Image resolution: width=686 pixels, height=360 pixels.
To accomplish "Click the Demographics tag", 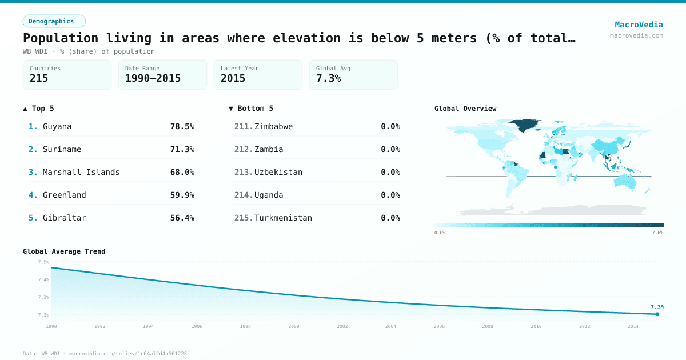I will click(54, 21).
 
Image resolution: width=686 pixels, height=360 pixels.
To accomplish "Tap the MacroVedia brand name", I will click(639, 25).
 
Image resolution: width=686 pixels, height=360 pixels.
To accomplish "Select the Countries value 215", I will click(39, 78).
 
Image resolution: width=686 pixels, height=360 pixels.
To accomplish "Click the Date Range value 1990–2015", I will click(153, 78).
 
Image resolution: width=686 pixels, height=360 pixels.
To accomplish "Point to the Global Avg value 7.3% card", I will click(353, 75).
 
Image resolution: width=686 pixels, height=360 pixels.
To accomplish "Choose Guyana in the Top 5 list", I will click(57, 126).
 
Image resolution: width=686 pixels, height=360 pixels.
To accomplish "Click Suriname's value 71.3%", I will click(182, 149).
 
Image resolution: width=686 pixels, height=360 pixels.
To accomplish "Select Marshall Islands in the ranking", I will click(81, 172).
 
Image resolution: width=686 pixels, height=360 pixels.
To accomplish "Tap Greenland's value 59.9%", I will click(182, 195).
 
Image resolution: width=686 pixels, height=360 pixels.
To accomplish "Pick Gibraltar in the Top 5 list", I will click(64, 218).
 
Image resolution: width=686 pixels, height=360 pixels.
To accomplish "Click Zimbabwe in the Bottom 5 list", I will click(273, 126).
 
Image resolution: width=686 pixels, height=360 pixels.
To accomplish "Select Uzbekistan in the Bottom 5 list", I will click(278, 172).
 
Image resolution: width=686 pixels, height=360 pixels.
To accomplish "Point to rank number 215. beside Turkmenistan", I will click(243, 218).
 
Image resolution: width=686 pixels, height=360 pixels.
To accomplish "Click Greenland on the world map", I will click(524, 125).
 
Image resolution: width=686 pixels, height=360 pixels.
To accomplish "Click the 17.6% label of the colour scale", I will click(656, 233).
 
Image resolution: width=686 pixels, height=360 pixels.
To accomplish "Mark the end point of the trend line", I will click(657, 314).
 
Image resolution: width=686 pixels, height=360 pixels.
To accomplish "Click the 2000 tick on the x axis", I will click(294, 326).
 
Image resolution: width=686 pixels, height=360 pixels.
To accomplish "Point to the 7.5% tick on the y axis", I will click(43, 262).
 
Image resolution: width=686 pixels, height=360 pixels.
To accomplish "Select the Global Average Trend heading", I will click(64, 251).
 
